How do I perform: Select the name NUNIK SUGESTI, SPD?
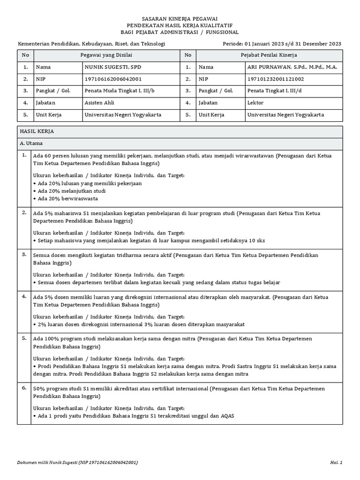[112, 67]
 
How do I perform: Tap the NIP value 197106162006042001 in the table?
[112, 79]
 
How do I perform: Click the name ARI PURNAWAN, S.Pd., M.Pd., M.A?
[292, 67]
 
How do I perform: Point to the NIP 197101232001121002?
[276, 79]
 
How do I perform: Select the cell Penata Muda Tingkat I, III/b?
[119, 91]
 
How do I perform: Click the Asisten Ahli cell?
[99, 103]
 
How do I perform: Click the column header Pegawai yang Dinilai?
[106, 55]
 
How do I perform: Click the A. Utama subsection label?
[32, 143]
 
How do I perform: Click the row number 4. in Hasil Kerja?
[24, 296]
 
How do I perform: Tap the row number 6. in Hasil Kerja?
[24, 388]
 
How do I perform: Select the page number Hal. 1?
[336, 463]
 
